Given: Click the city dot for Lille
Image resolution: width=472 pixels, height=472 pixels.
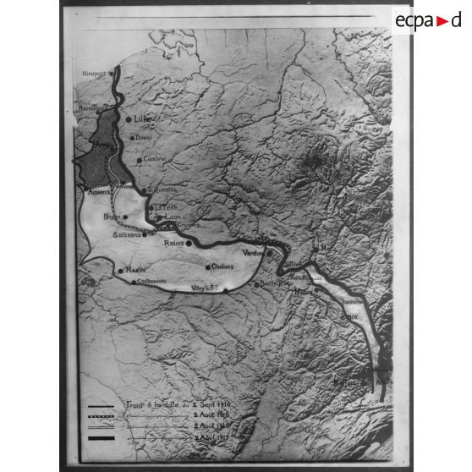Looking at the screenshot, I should (129, 119).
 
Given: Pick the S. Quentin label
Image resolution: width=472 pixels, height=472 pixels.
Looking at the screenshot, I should (166, 189).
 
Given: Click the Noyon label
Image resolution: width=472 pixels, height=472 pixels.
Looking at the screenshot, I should (112, 217).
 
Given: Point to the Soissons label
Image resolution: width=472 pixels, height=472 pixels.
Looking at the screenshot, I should (128, 236).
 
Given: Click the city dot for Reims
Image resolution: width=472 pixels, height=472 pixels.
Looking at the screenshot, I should (189, 242).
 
